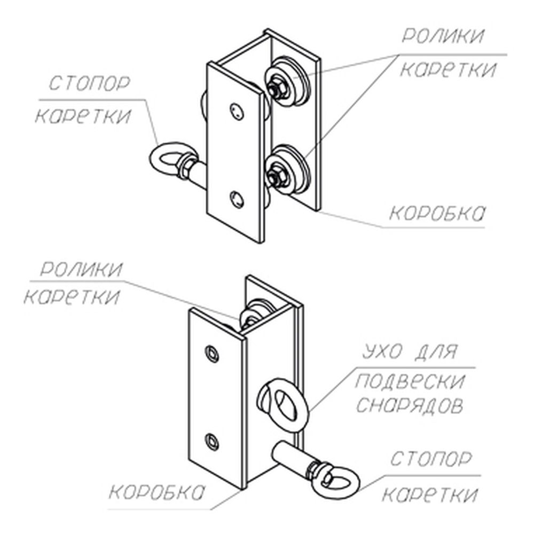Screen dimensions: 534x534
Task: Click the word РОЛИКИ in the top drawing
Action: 443,36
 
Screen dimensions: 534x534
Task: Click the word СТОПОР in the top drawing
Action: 90,83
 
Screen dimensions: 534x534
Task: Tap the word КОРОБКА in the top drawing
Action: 437,214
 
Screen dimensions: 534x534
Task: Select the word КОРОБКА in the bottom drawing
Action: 157,492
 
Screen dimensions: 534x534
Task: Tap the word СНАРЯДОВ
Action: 410,405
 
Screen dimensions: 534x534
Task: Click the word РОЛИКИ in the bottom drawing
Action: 81,269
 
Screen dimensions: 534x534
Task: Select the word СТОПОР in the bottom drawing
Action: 431,459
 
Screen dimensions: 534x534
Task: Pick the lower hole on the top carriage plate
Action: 237,199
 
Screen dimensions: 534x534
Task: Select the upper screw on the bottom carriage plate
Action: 212,354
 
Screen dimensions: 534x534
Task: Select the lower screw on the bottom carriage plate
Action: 212,442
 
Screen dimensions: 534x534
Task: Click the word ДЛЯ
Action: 435,351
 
